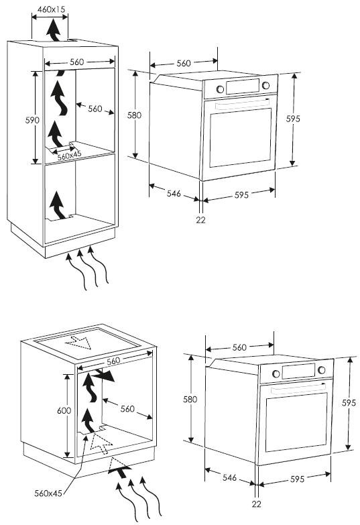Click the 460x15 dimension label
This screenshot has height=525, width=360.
[51, 9]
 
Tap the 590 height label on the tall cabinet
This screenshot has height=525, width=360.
[32, 120]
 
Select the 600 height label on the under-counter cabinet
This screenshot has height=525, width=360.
[64, 410]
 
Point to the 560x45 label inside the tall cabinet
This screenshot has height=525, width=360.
[69, 156]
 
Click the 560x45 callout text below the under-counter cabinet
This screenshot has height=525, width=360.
[48, 493]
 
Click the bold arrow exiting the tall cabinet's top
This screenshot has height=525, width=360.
[54, 30]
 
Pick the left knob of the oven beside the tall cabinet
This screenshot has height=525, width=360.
[220, 89]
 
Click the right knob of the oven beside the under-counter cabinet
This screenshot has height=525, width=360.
[322, 370]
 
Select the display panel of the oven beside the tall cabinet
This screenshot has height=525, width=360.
[243, 86]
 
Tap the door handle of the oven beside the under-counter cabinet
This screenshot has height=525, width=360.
[298, 388]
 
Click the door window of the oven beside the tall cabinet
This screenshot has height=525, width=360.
[241, 137]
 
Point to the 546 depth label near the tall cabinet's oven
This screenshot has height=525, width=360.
[174, 193]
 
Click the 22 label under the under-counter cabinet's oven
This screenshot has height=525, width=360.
[256, 504]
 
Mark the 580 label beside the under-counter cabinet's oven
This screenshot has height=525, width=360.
[190, 399]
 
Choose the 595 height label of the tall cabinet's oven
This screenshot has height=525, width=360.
[293, 119]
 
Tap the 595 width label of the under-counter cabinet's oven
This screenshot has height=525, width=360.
[297, 479]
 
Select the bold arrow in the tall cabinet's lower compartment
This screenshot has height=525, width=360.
[58, 205]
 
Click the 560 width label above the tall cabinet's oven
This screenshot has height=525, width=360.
[184, 63]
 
